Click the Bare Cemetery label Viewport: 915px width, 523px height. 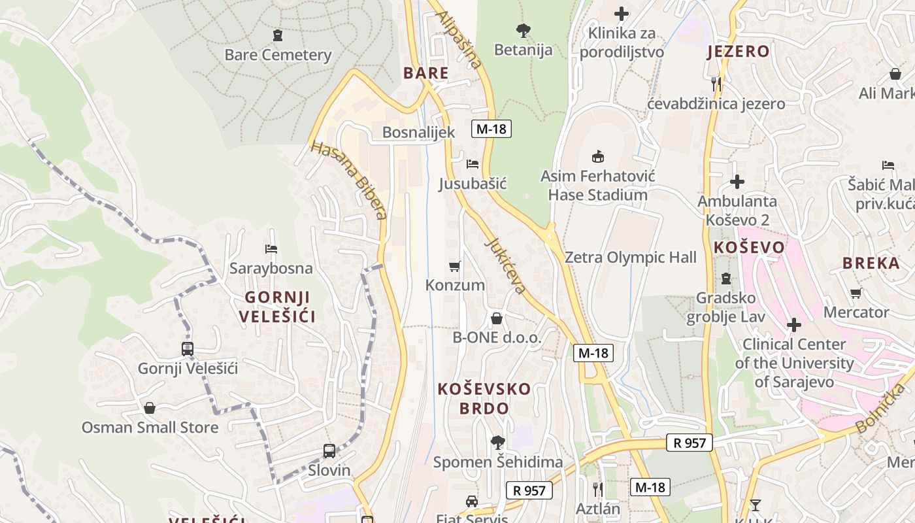click(278, 55)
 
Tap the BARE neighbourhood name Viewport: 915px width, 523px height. click(426, 73)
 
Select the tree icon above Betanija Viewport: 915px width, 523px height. click(523, 30)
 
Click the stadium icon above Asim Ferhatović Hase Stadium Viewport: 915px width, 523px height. click(597, 156)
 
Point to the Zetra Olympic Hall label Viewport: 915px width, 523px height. click(631, 258)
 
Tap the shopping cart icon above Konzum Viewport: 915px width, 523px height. click(455, 266)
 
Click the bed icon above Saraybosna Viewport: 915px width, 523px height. click(271, 249)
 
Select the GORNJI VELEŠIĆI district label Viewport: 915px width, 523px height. click(277, 307)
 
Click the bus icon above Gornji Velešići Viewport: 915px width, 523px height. click(188, 349)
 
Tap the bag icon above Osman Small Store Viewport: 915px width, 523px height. click(150, 408)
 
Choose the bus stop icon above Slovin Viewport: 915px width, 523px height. click(329, 451)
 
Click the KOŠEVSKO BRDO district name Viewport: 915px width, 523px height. click(484, 399)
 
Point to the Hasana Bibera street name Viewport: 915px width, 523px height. click(349, 180)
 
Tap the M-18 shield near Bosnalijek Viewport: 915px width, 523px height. click(491, 129)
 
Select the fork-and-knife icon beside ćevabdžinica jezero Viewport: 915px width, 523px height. click(716, 84)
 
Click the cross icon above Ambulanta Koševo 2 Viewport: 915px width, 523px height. click(737, 182)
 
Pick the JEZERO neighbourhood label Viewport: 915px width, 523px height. click(738, 52)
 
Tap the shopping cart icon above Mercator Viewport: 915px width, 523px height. click(856, 293)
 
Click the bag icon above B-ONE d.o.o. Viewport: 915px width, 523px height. click(497, 318)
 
